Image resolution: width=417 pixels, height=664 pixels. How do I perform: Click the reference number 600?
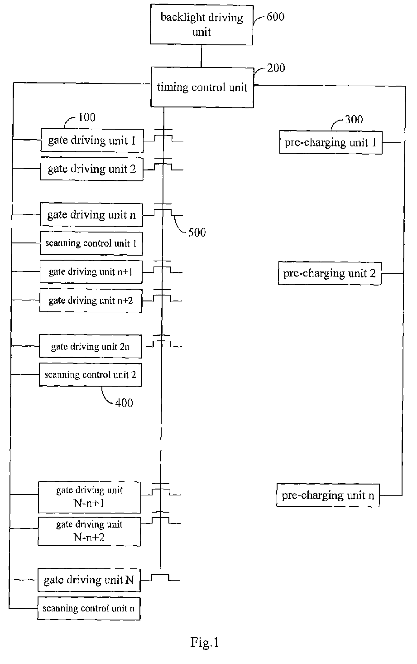275,17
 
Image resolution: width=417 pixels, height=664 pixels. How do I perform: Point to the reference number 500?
197,232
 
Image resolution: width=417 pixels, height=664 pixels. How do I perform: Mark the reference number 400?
124,403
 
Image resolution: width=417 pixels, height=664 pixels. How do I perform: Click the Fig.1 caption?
204,643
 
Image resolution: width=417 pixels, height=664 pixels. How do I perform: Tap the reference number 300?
354,120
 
